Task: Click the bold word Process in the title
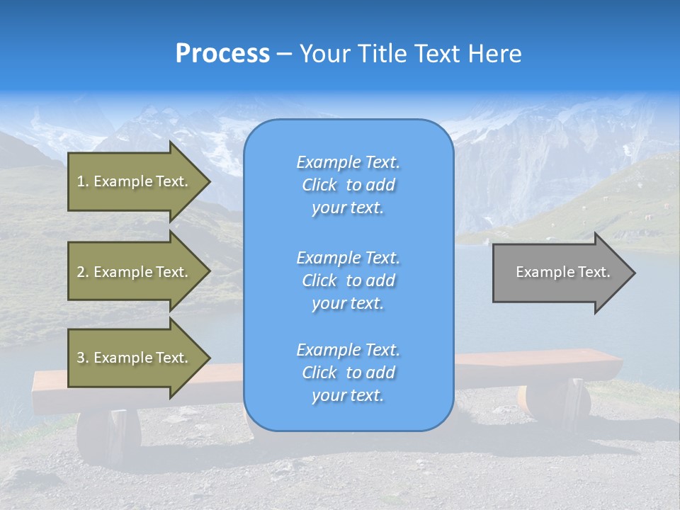coord(222,54)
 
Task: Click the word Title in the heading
coord(381,54)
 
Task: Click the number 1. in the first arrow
coord(83,181)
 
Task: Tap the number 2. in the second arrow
coord(83,272)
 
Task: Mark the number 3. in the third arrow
coord(83,358)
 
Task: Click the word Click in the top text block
coord(319,185)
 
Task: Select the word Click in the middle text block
coord(319,280)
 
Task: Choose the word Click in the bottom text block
coord(319,373)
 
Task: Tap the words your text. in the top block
coord(348,208)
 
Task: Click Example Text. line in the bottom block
coord(348,350)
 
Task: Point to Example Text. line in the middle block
coord(348,257)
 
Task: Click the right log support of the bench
coord(556,404)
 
